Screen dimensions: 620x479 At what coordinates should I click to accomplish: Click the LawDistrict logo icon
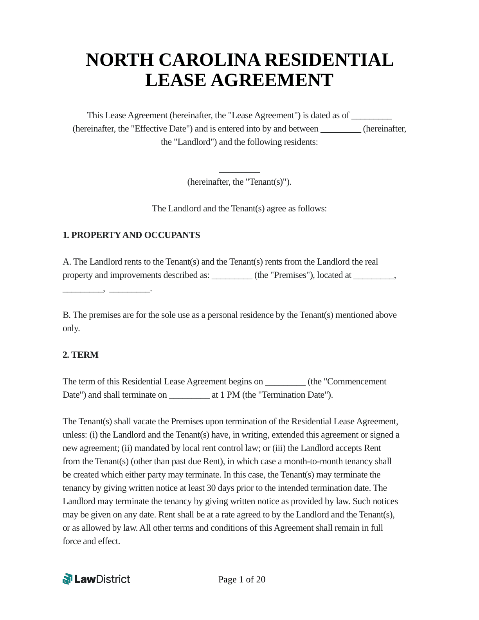[67, 579]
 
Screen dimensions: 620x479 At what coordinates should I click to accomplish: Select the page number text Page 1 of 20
[242, 579]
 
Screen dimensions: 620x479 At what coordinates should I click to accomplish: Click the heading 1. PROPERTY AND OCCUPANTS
[131, 235]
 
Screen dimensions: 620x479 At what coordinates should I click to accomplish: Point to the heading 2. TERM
[81, 355]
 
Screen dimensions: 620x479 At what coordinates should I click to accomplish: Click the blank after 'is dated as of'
[371, 116]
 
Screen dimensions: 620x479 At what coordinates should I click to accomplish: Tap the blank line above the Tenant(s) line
[239, 170]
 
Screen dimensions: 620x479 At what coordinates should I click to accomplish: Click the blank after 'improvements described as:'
[232, 276]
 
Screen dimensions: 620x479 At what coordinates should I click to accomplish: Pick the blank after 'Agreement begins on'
[285, 382]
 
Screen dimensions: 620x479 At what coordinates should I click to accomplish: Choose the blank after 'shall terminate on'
[189, 395]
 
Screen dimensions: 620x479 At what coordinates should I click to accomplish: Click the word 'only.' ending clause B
[71, 328]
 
